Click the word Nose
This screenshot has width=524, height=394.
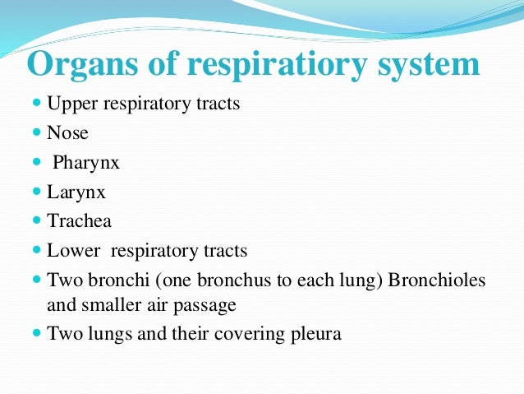(x=67, y=133)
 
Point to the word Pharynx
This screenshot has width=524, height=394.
(x=86, y=163)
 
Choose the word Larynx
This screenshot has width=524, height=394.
(x=76, y=192)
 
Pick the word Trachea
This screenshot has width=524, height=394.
(x=79, y=220)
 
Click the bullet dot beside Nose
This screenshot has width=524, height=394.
(x=37, y=133)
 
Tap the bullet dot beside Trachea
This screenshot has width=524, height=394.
(x=37, y=220)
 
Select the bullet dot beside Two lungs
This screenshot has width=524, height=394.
(x=37, y=333)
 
